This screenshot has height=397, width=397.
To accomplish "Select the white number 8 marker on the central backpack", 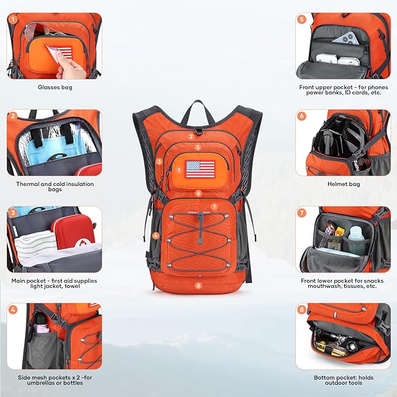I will click(x=199, y=285).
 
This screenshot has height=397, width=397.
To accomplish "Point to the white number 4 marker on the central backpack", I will click(x=156, y=236).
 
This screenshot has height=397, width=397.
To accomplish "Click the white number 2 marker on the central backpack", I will click(x=191, y=136).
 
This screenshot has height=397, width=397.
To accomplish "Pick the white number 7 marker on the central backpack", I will click(x=215, y=207).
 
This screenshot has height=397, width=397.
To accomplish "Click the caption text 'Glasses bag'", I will click(x=54, y=87).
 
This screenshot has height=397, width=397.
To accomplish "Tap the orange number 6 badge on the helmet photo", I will click(x=302, y=116).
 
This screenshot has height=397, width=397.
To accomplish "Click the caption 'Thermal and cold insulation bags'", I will click(x=54, y=187).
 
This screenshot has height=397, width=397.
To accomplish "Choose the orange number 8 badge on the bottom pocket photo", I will click(x=302, y=309).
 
